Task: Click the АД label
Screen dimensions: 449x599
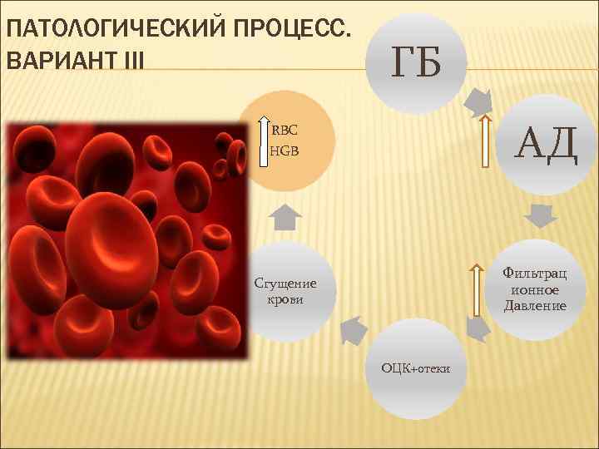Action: pos(544,144)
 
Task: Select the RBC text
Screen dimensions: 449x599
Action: pos(285,131)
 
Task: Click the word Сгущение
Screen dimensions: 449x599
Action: pos(285,284)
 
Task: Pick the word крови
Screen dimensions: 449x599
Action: pos(285,299)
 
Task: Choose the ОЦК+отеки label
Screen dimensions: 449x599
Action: pos(415,368)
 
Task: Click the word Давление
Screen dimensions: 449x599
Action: pos(535,306)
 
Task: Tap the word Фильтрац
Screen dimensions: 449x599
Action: pos(535,273)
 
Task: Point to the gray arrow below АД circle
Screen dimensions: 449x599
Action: pos(540,215)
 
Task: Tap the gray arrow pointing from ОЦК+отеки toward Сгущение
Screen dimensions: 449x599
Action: pos(354,329)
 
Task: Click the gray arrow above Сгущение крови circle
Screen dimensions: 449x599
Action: pos(286,217)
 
